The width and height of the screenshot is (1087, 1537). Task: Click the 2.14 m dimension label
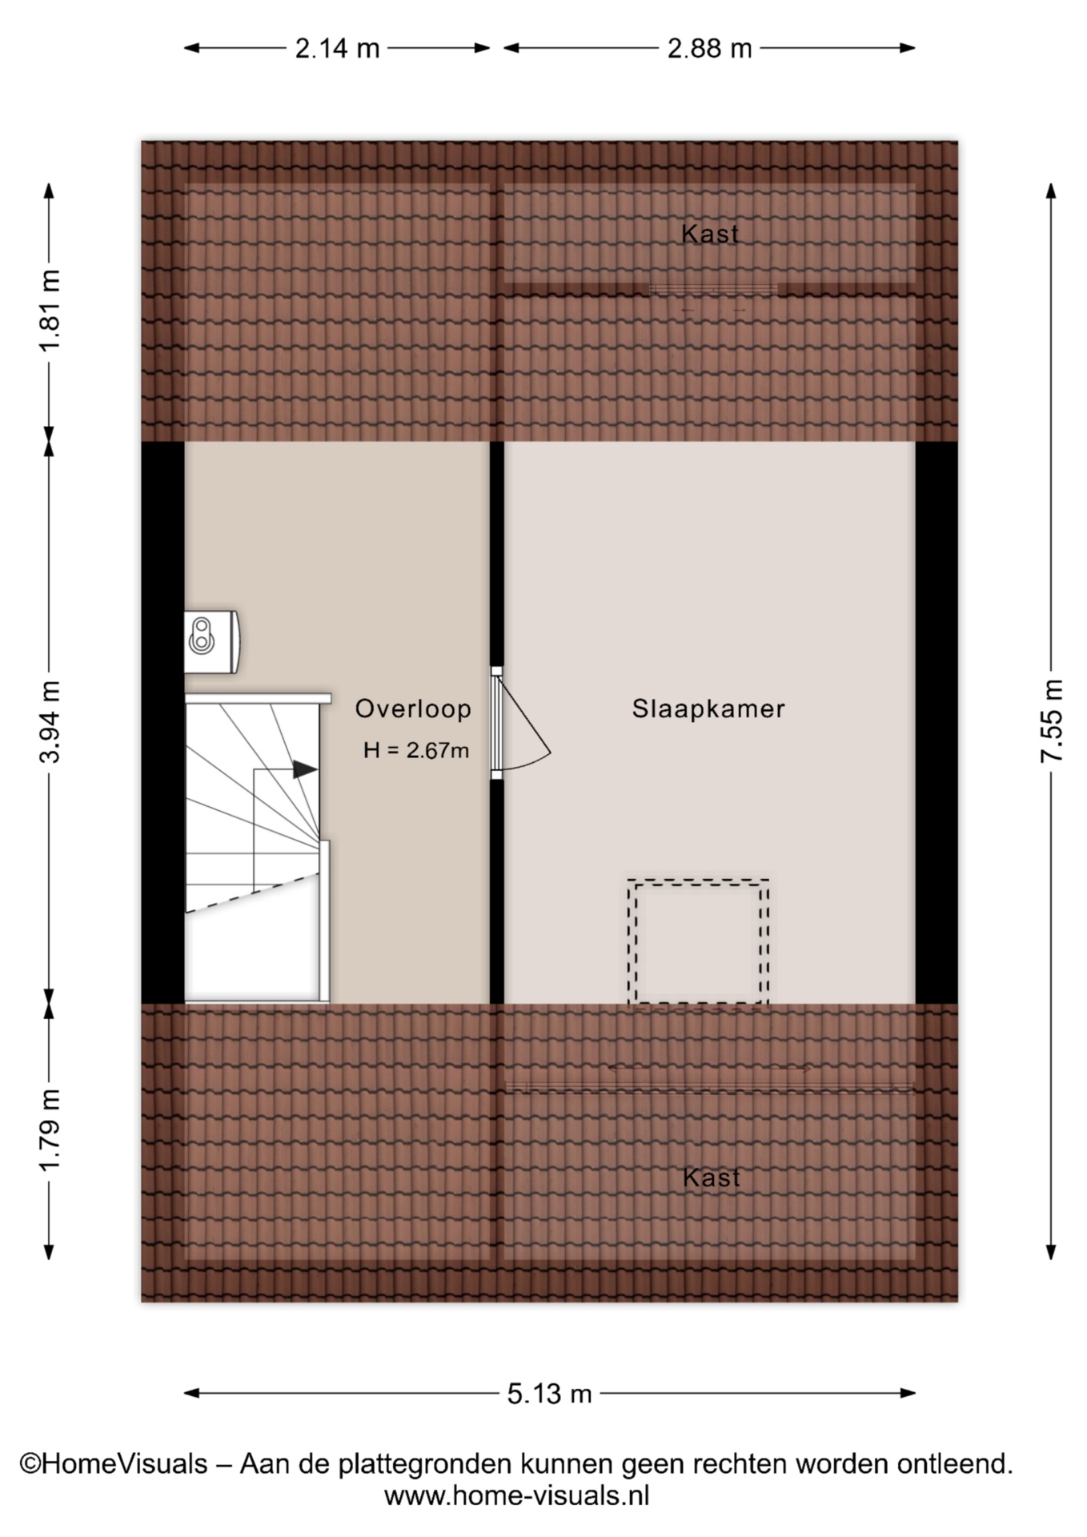click(337, 49)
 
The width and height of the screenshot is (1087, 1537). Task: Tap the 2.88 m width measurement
click(709, 49)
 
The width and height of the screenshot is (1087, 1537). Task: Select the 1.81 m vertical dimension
click(50, 311)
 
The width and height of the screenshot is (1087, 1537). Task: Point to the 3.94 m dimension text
click(50, 721)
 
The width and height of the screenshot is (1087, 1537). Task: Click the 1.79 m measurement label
click(50, 1130)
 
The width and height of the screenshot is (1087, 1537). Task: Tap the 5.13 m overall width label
click(549, 1394)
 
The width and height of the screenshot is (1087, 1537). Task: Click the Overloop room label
click(413, 708)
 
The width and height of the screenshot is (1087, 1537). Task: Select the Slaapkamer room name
click(708, 708)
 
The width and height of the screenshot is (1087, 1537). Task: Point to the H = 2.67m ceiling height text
click(416, 750)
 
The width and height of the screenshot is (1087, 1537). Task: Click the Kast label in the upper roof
click(710, 234)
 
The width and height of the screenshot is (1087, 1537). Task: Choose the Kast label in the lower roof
click(712, 1178)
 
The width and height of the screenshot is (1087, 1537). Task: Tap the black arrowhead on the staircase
click(305, 769)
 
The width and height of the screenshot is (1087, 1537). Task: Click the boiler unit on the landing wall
click(211, 641)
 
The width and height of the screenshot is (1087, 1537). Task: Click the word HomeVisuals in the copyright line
click(124, 1464)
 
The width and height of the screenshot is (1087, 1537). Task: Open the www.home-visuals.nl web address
click(516, 1495)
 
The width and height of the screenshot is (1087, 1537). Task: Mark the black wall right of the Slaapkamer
click(937, 722)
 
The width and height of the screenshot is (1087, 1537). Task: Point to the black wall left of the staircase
click(163, 722)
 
